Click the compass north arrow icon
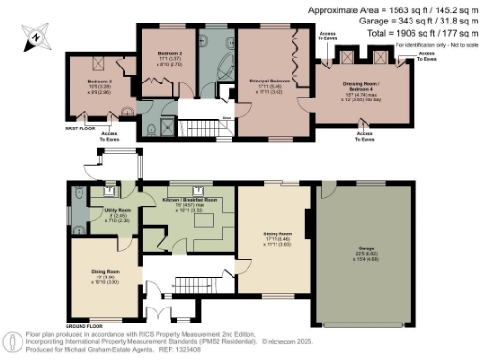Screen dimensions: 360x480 pyautogui.click(x=34, y=38)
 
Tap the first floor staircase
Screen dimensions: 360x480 pyautogui.click(x=200, y=127)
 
